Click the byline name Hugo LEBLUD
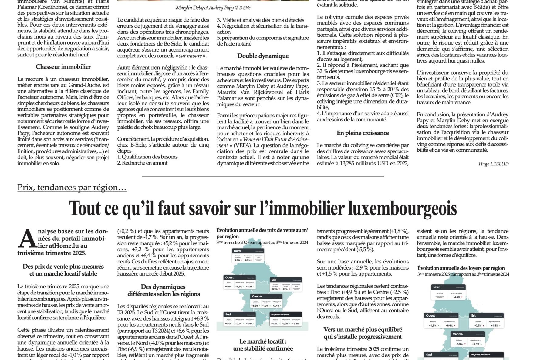click(x=493, y=164)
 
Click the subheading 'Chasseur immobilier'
click(x=63, y=67)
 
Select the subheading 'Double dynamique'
click(x=263, y=56)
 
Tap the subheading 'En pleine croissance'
click(x=363, y=133)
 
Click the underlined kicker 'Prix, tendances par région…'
click(x=72, y=187)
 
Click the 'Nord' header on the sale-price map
click(x=237, y=251)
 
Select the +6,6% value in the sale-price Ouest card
click(x=239, y=287)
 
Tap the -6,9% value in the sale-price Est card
click(x=275, y=289)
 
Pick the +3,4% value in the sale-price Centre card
click(x=276, y=306)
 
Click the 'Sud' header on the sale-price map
click(x=228, y=314)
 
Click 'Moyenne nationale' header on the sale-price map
click(x=280, y=314)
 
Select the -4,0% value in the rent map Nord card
click(x=456, y=297)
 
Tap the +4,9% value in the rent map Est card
click(x=494, y=326)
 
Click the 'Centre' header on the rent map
click(x=457, y=334)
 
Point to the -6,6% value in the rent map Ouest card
click(x=449, y=326)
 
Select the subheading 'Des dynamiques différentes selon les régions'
click(x=164, y=290)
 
